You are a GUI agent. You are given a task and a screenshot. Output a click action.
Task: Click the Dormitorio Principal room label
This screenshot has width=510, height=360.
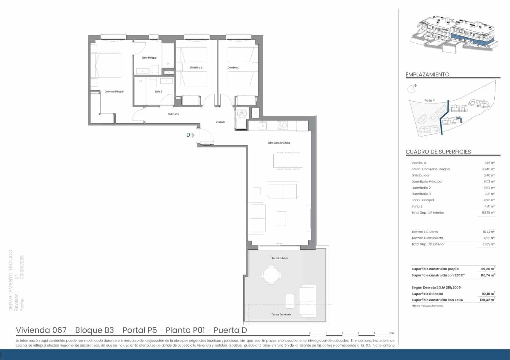point(114,92)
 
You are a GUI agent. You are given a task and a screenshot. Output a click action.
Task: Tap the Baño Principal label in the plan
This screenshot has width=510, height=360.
point(149,58)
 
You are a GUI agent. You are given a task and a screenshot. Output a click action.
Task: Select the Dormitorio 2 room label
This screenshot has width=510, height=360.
point(196,68)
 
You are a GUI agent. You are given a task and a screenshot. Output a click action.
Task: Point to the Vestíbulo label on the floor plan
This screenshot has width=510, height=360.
point(220,122)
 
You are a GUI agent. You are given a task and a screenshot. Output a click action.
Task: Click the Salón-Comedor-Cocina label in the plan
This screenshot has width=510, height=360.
point(279,143)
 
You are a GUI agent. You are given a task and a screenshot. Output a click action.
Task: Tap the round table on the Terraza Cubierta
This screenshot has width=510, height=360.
point(272,275)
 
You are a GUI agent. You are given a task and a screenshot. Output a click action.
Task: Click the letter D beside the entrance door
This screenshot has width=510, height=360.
point(188,135)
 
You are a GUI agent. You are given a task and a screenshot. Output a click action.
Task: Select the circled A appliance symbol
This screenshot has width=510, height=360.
point(242,113)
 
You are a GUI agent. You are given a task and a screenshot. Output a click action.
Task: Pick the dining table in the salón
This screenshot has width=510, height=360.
point(288,161)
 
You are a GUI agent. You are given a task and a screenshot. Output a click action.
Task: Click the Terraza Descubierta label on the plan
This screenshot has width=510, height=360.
point(281,314)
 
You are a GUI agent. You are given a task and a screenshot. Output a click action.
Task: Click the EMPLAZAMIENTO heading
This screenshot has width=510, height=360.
point(427,75)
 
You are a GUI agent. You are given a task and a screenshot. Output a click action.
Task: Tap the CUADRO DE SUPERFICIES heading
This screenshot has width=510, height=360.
point(438,152)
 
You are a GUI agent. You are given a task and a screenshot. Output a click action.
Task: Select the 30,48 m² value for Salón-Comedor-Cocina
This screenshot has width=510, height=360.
point(488,169)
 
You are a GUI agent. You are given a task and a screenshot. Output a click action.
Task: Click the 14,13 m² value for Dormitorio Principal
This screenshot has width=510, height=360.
point(489,182)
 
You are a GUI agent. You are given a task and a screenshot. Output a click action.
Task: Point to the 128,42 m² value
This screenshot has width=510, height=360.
point(488,300)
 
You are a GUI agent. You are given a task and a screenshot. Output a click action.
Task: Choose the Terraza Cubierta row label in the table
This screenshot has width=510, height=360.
point(425,232)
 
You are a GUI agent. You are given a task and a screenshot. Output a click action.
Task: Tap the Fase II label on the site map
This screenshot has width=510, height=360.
point(429,100)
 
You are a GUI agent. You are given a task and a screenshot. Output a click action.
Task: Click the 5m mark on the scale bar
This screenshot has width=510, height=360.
point(392,333)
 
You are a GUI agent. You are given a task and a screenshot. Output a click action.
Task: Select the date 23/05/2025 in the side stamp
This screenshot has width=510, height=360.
point(22,267)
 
